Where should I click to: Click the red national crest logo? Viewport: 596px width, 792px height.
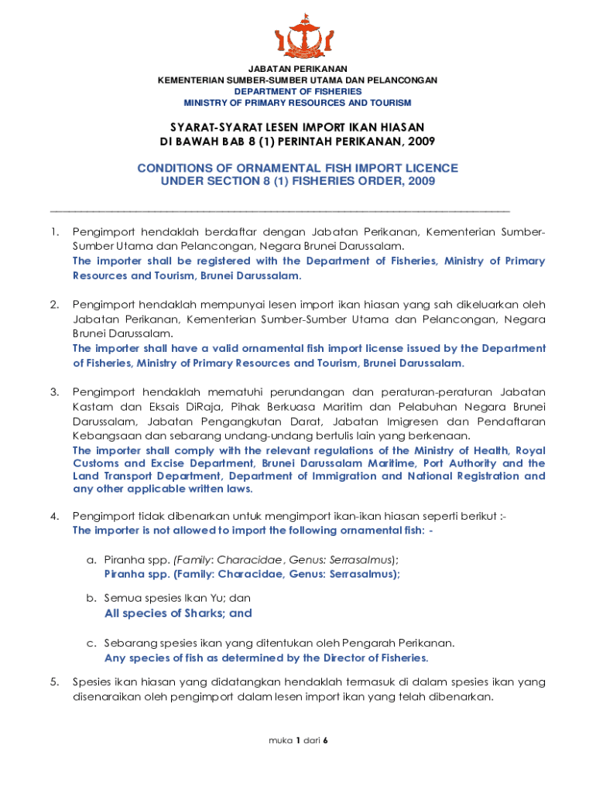tap(297, 34)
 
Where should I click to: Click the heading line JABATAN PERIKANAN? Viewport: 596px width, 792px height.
tap(297, 69)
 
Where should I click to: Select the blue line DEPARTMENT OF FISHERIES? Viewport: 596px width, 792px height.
tap(297, 91)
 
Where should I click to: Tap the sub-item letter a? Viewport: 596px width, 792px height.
tap(91, 559)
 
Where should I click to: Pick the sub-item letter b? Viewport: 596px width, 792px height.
tap(91, 598)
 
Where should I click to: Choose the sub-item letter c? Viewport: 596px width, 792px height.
tap(91, 643)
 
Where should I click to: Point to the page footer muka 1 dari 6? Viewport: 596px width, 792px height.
tap(298, 740)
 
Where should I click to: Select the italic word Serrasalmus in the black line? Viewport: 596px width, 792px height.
tap(361, 559)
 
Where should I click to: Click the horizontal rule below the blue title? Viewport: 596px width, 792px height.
tap(279, 210)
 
